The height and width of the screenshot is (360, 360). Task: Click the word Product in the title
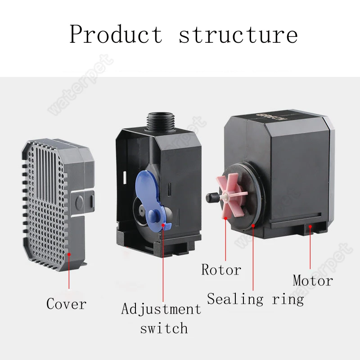[115, 34]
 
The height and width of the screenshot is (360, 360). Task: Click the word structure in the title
[238, 34]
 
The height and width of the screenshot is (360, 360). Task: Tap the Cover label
[66, 304]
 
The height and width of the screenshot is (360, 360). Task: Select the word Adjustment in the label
[161, 309]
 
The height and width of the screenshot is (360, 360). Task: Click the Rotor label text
[221, 270]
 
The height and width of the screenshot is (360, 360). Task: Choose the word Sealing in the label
[235, 299]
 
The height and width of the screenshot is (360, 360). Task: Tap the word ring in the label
[288, 299]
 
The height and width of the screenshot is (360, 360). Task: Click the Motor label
[313, 280]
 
